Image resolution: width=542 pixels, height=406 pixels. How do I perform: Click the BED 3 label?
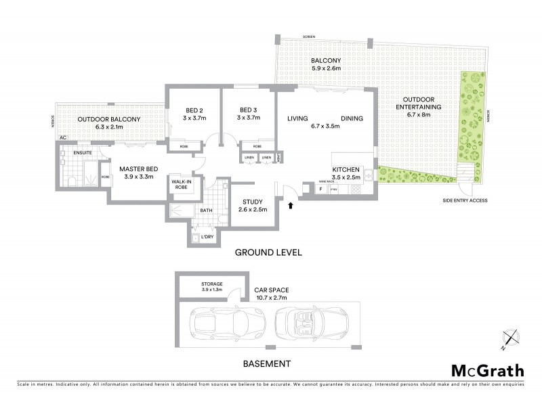247,110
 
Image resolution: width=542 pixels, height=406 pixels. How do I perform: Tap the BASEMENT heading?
266,363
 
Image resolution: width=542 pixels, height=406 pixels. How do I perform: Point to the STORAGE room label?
212,284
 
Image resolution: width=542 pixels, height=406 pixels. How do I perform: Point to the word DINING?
352,118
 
